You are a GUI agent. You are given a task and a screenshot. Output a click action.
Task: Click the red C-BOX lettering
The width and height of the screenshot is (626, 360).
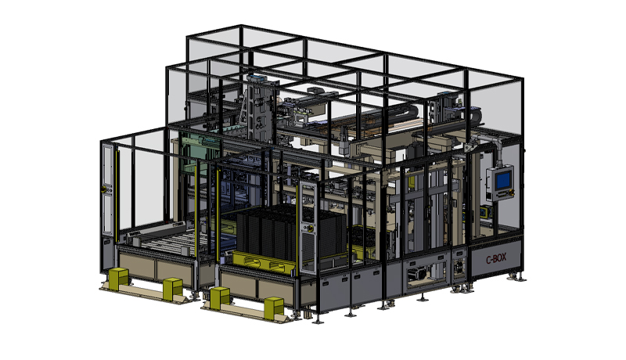(x=496, y=258)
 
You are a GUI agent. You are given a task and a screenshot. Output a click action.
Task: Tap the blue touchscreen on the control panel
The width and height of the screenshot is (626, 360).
(x=502, y=181)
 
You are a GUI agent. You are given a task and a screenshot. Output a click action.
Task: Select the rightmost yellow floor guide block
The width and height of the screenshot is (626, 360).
(x=274, y=308)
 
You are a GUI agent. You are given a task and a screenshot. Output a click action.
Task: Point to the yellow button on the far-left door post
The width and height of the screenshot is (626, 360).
(x=104, y=189)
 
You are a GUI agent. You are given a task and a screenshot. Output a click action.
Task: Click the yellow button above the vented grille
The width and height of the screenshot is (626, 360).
(x=308, y=228)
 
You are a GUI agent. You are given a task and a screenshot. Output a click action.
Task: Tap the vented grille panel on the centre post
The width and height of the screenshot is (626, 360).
(x=308, y=251)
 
